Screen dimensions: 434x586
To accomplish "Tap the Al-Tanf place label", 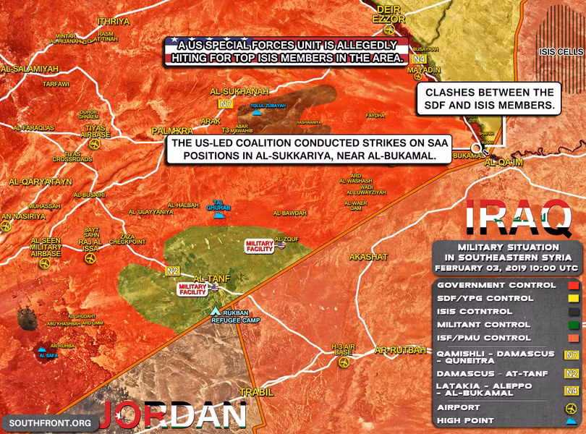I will click(211, 277).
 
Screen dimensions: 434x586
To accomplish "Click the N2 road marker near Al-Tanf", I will click(172, 271).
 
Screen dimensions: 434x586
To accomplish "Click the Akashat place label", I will click(368, 257).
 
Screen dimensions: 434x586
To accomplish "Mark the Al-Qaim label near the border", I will click(503, 163).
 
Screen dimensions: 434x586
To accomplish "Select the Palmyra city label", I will click(172, 131).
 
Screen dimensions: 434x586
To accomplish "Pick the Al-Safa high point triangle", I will click(46, 348).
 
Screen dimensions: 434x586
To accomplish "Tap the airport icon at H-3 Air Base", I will click(343, 360).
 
